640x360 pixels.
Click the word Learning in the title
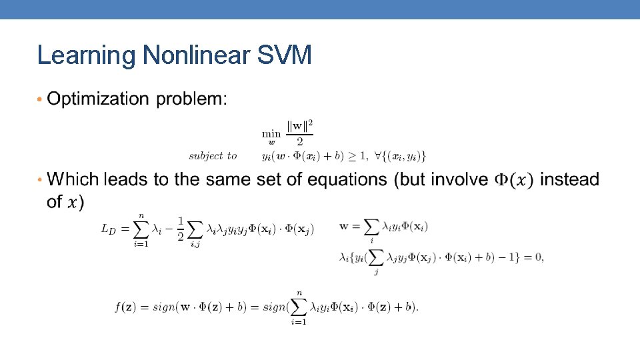click(x=87, y=55)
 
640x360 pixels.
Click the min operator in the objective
click(x=270, y=134)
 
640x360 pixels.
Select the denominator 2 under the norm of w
click(x=299, y=141)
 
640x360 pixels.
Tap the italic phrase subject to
click(x=213, y=155)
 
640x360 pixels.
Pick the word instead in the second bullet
click(x=569, y=179)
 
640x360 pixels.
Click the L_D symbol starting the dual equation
click(x=108, y=229)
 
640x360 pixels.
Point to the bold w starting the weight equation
click(x=344, y=226)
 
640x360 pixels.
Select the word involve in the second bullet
click(x=459, y=179)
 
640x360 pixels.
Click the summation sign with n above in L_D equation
click(x=140, y=229)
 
